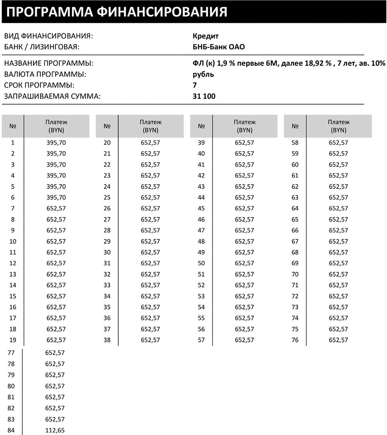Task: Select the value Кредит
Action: (206, 36)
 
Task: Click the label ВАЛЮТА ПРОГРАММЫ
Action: (45, 74)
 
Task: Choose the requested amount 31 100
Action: (205, 96)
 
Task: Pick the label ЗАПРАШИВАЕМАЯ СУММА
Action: (52, 96)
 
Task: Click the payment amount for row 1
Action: (56, 143)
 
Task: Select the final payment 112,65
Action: (55, 430)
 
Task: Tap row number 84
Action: (11, 430)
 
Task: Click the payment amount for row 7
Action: (56, 208)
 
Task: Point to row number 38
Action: (107, 340)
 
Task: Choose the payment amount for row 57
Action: (244, 340)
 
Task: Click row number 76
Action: (295, 340)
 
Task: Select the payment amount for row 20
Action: (150, 143)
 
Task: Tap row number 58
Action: (295, 143)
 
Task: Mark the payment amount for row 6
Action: (56, 198)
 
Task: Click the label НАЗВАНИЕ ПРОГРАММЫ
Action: (49, 64)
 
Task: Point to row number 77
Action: (11, 353)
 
